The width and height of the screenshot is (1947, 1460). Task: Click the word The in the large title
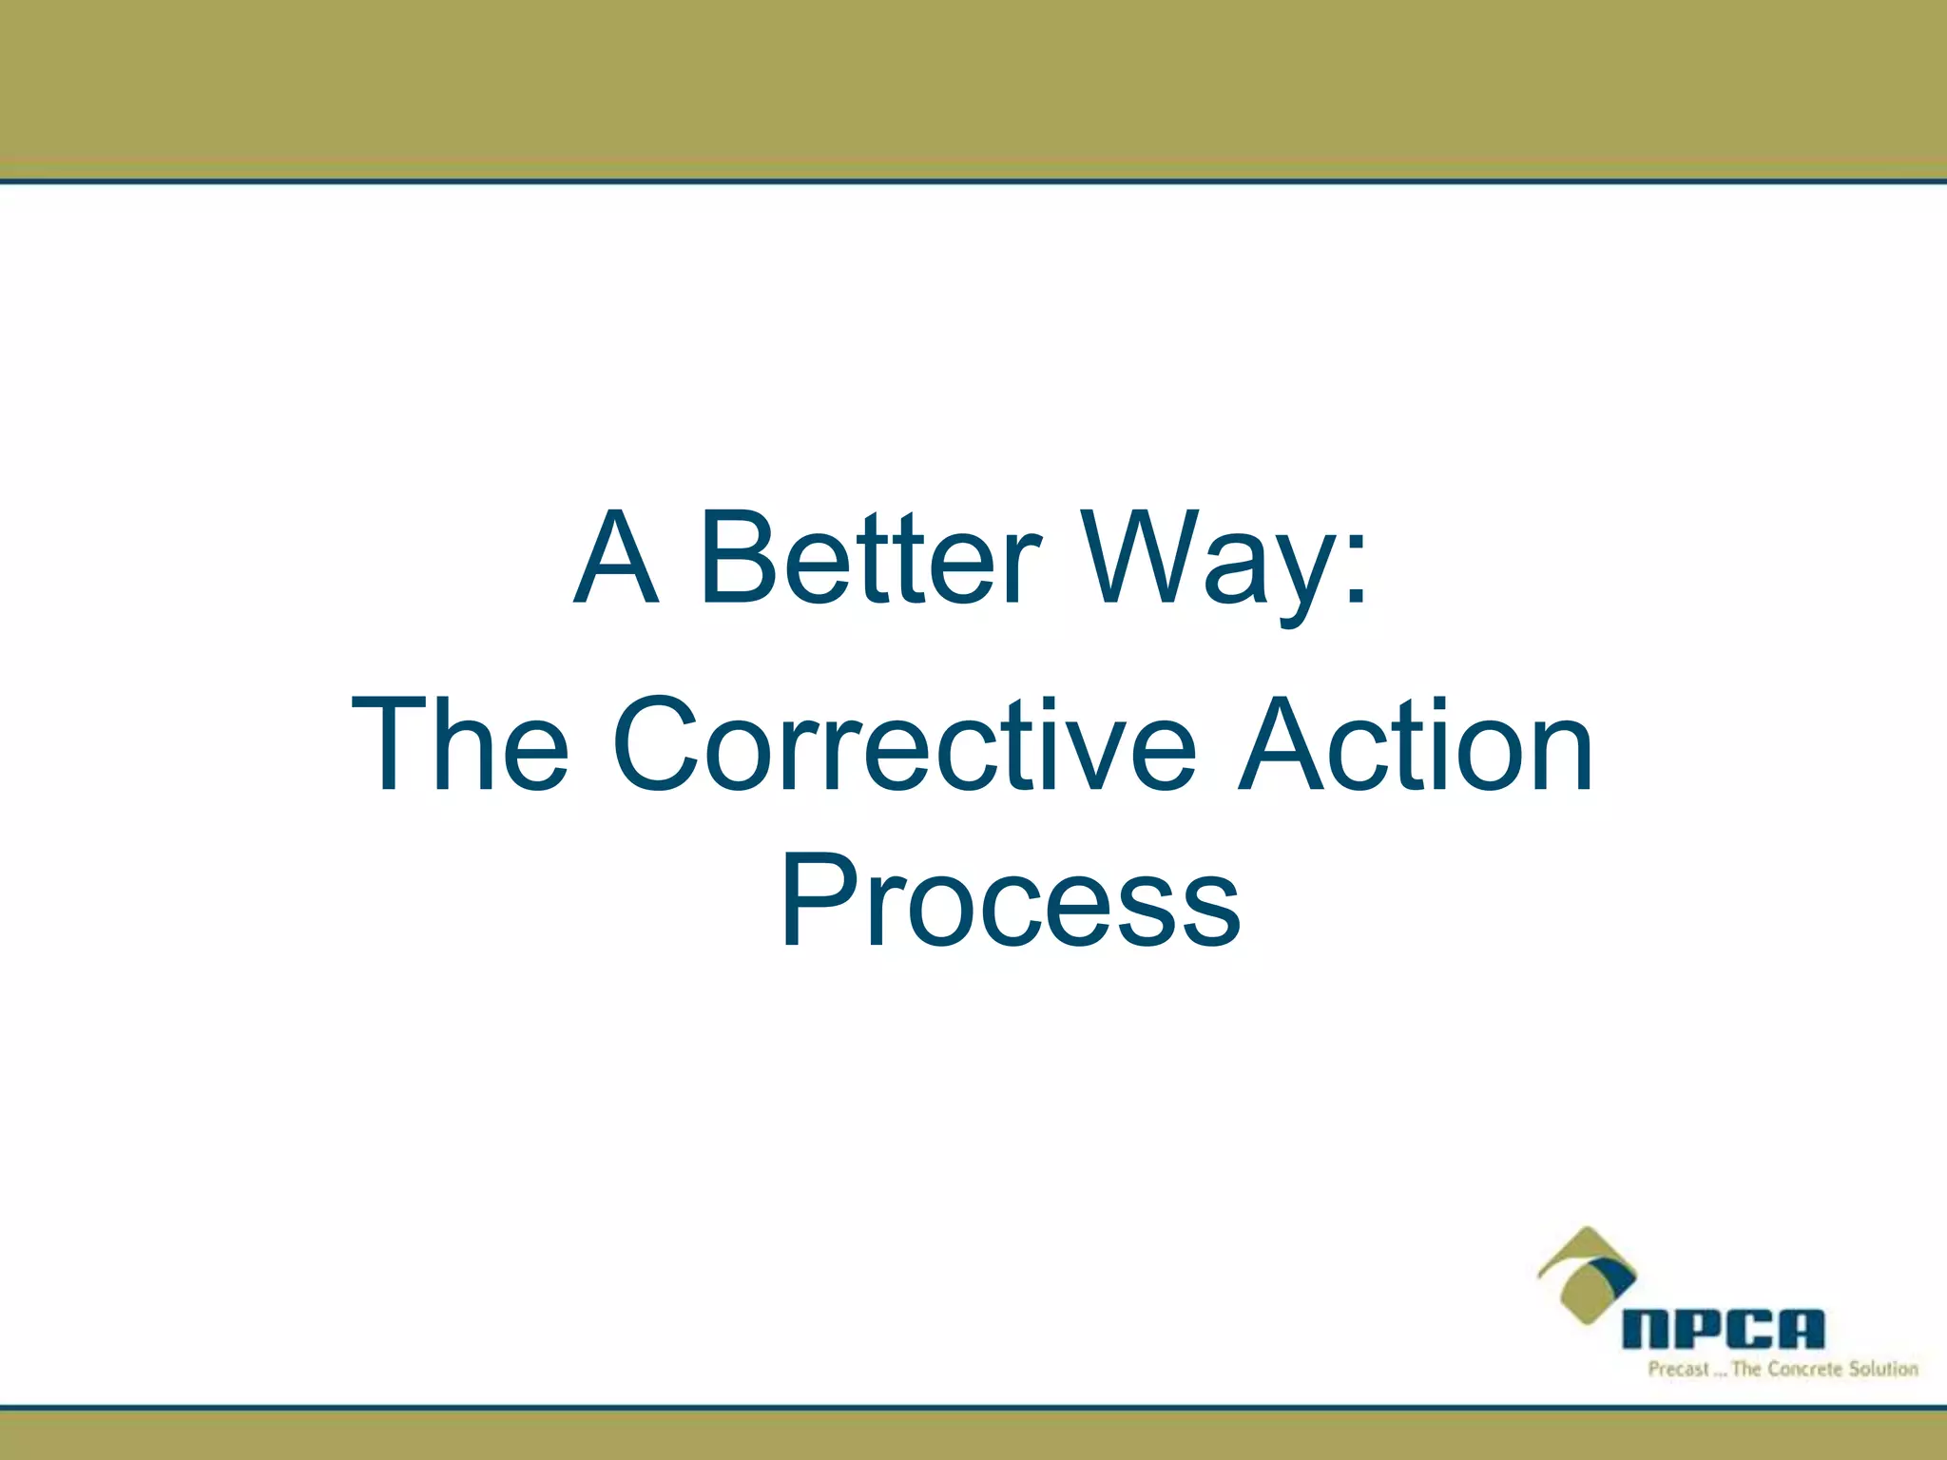click(460, 745)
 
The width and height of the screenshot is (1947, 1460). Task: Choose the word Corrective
click(903, 745)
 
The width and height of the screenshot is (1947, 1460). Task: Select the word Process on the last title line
click(1010, 901)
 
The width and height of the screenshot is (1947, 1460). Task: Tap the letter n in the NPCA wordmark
click(1647, 1329)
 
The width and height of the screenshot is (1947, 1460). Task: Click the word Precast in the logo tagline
click(1678, 1370)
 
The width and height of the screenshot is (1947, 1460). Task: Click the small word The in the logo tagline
click(1747, 1370)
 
